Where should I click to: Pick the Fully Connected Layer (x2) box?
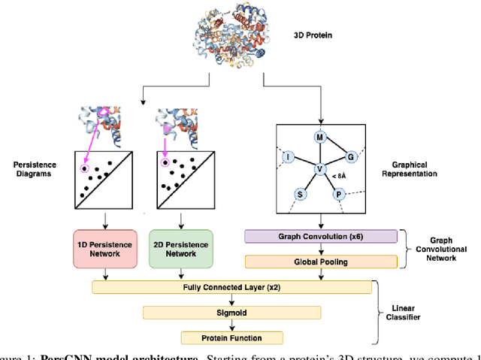(x=231, y=286)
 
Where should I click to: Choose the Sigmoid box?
(x=231, y=312)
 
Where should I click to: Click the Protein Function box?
(x=231, y=337)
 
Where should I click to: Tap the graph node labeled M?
(x=319, y=138)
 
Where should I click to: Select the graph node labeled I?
(x=288, y=156)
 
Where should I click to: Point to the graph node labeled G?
(x=350, y=156)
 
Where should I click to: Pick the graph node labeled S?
(x=301, y=194)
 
